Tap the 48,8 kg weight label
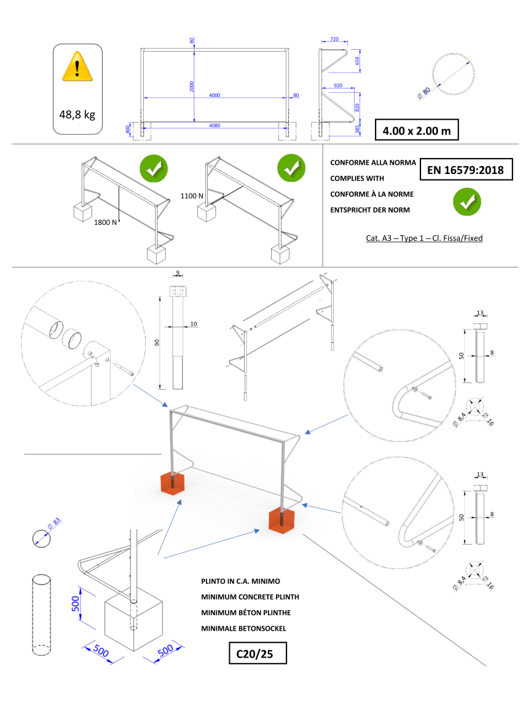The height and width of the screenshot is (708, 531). (x=77, y=114)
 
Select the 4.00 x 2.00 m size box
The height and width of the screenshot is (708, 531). (x=417, y=131)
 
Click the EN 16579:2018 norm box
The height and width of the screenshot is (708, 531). (x=466, y=170)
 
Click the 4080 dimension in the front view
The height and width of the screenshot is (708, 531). (x=214, y=126)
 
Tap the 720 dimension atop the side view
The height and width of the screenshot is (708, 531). (x=334, y=39)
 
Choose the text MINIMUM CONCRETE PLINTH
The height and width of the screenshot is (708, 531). (x=250, y=597)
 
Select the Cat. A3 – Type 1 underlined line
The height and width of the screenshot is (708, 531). (x=424, y=238)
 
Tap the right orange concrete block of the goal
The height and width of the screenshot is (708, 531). (x=282, y=520)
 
